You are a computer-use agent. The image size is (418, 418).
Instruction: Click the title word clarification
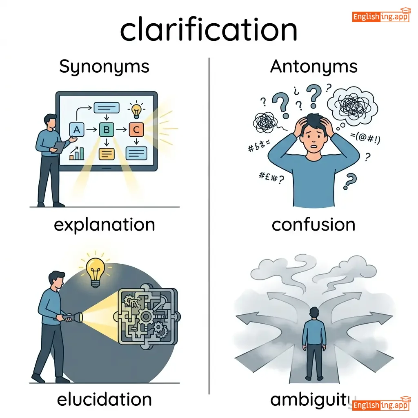click(x=209, y=30)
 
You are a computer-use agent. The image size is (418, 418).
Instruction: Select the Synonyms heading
click(x=104, y=67)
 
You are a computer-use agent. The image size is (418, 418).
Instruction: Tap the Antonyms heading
click(x=313, y=67)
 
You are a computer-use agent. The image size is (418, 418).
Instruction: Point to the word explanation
click(x=104, y=225)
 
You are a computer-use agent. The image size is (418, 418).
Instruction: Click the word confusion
click(x=313, y=225)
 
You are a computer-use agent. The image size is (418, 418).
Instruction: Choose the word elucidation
click(x=104, y=399)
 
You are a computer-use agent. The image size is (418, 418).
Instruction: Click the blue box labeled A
click(x=76, y=130)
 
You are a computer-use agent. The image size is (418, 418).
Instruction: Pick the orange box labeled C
click(x=136, y=130)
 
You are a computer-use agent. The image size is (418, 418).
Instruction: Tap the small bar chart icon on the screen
click(x=77, y=153)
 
